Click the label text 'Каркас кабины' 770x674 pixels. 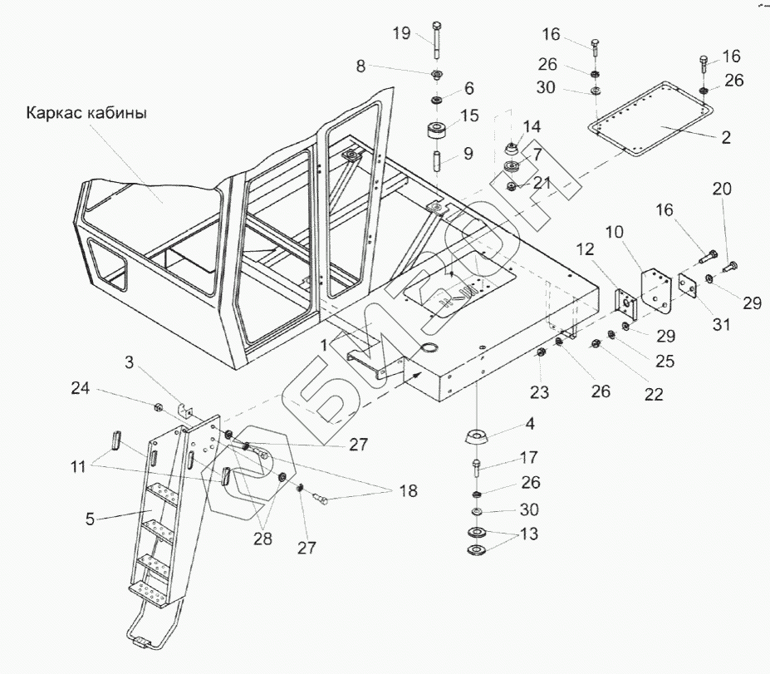86,113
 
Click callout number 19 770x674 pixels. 402,33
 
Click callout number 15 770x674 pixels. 470,116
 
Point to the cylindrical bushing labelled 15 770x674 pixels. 438,133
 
